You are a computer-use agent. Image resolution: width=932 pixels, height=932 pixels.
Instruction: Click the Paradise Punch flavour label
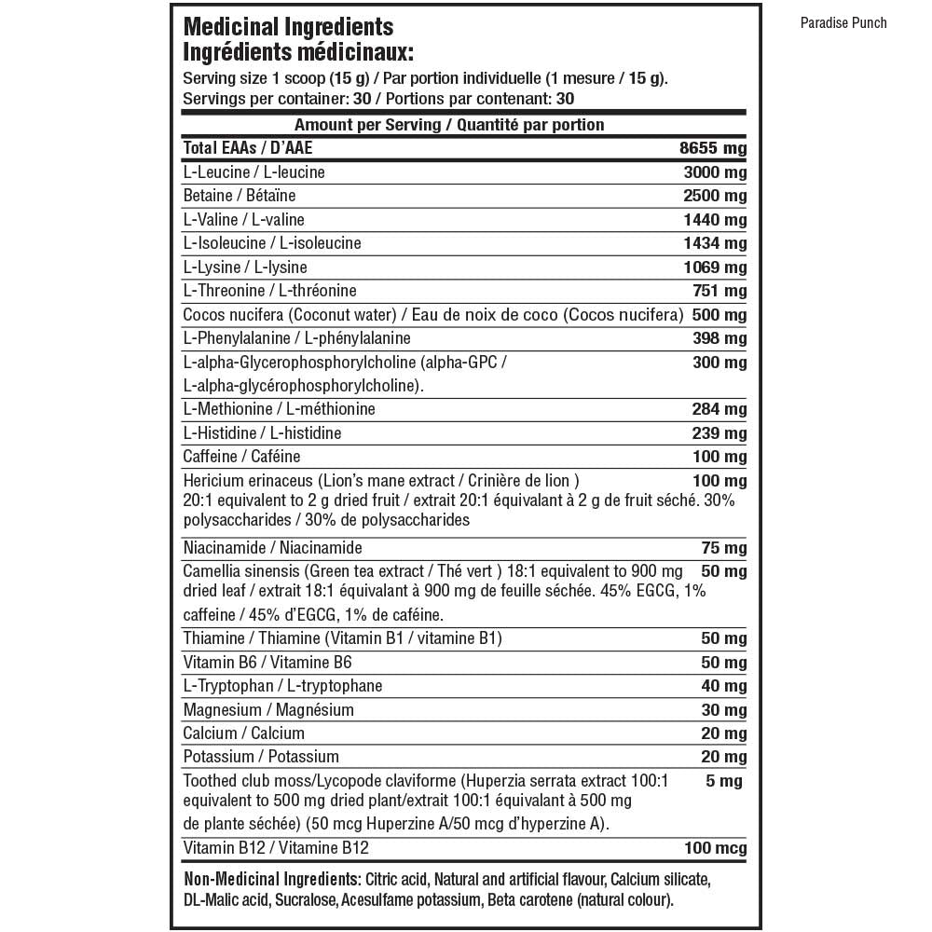pyautogui.click(x=843, y=23)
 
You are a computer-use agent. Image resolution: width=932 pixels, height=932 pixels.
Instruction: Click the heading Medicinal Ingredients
pyautogui.click(x=289, y=28)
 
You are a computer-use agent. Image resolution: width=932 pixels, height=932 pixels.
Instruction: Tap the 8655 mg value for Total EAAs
pyautogui.click(x=714, y=148)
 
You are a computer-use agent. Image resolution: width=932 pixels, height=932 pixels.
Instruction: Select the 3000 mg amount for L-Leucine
pyautogui.click(x=714, y=172)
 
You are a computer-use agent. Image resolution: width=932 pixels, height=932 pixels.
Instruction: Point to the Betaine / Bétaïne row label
pyautogui.click(x=239, y=196)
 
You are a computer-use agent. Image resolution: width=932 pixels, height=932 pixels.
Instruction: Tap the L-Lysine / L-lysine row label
pyautogui.click(x=232, y=267)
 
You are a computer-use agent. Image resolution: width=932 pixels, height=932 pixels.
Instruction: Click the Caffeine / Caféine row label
pyautogui.click(x=241, y=457)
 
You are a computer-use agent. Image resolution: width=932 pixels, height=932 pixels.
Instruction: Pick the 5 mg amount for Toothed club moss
pyautogui.click(x=724, y=781)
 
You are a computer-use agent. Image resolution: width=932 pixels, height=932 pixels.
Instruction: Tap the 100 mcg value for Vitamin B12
pyautogui.click(x=716, y=848)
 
